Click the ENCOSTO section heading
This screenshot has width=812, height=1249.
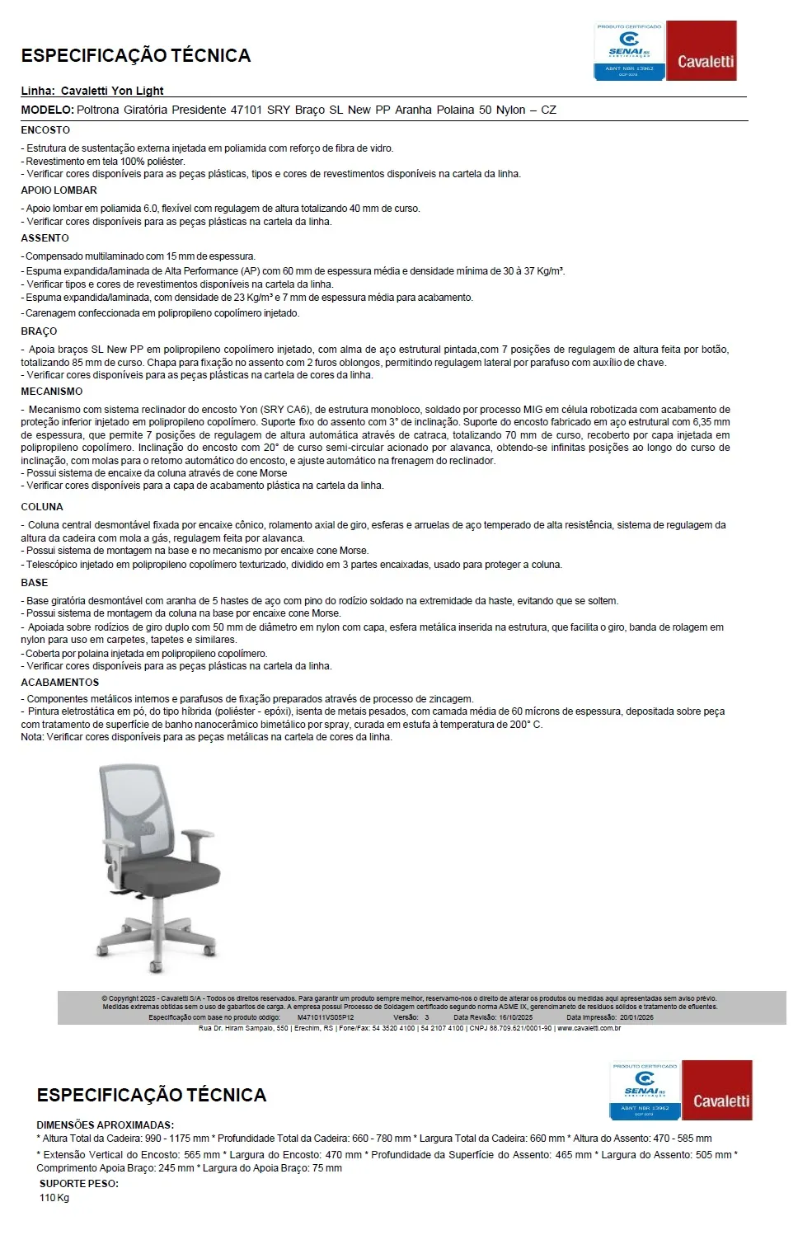tap(45, 130)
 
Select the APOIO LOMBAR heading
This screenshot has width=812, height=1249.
tap(59, 190)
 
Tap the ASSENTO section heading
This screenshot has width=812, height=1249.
tap(45, 238)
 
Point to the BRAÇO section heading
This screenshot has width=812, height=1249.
tap(39, 331)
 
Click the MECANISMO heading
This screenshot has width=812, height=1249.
tap(51, 392)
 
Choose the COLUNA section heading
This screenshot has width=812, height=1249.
tap(42, 507)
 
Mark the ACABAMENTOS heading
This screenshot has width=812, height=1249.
tap(59, 683)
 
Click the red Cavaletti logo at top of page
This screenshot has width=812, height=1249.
tap(701, 51)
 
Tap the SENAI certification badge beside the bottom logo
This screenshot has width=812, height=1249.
tap(645, 1090)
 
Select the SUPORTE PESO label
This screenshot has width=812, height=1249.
tap(78, 1184)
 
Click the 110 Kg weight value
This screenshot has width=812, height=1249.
tap(54, 1198)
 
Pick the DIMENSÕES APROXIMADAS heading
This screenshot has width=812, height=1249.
tap(105, 1125)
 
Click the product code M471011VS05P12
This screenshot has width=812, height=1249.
tap(325, 1017)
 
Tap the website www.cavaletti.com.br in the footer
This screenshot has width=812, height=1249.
tap(589, 1028)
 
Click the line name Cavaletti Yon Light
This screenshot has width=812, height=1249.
tap(112, 91)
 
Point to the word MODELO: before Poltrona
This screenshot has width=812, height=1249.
tap(47, 110)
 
